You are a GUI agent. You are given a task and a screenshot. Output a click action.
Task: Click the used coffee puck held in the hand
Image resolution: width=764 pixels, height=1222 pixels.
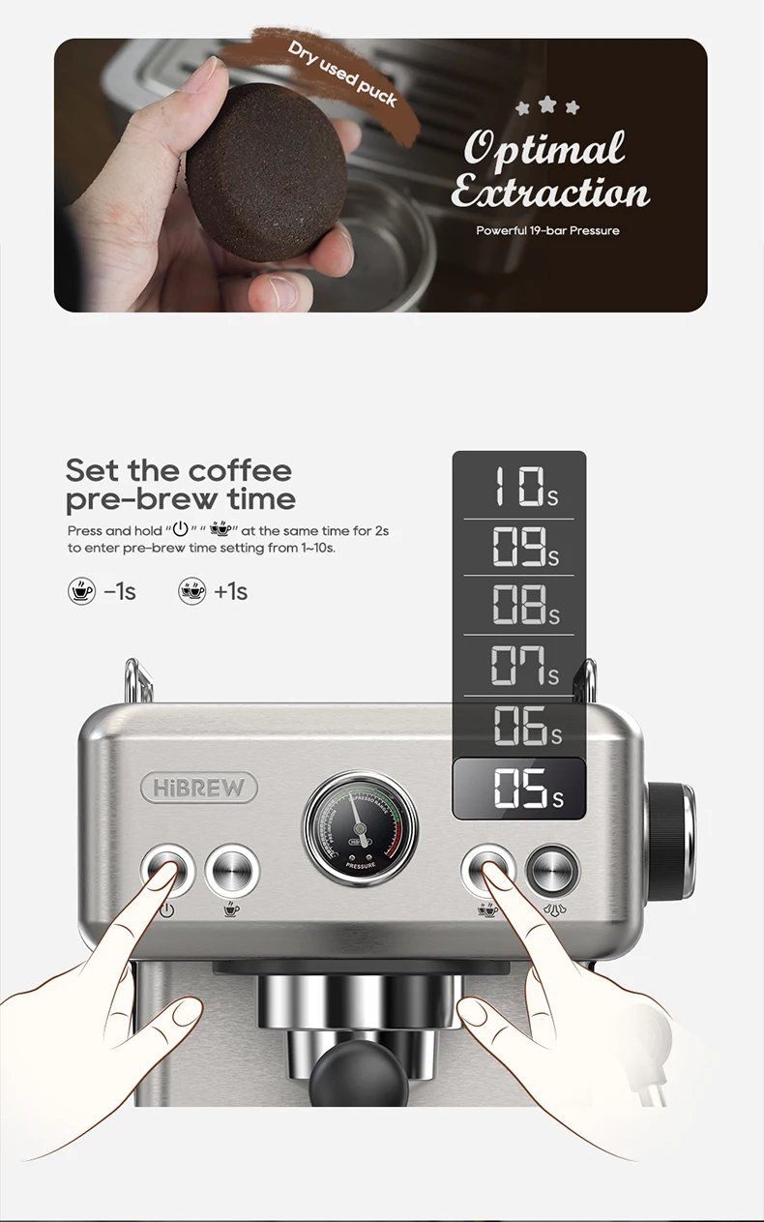[266, 173]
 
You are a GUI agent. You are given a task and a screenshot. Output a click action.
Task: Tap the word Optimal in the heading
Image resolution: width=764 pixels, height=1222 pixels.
[544, 150]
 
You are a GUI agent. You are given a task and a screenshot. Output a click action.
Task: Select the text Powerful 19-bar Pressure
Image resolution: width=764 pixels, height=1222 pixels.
[547, 230]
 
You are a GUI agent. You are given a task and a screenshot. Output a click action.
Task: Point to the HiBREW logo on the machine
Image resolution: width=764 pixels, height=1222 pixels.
[199, 788]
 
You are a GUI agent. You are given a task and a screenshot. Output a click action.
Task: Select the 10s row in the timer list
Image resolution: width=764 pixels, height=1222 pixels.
[519, 487]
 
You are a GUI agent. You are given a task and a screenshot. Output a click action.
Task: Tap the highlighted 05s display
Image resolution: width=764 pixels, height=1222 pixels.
[519, 789]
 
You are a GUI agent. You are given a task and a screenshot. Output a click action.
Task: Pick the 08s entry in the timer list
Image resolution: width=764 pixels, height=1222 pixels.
[519, 605]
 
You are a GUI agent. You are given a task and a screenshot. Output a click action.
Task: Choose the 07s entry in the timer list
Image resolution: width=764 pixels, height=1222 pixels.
[519, 665]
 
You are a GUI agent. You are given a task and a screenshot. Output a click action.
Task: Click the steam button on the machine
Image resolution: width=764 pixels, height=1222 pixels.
[553, 868]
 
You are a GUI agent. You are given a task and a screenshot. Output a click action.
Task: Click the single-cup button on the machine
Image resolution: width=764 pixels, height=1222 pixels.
[232, 868]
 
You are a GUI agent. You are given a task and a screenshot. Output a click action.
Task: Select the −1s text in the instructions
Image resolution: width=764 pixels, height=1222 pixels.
[120, 591]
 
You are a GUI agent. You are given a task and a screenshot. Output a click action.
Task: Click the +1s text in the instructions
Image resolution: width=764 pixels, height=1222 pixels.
[231, 591]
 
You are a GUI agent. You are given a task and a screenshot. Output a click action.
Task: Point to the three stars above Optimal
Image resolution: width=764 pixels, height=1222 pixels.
[547, 105]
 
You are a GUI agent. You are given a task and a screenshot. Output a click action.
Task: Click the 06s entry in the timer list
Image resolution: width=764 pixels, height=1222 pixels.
[519, 726]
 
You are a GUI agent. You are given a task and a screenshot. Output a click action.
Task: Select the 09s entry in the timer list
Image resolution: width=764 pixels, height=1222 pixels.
[519, 547]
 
